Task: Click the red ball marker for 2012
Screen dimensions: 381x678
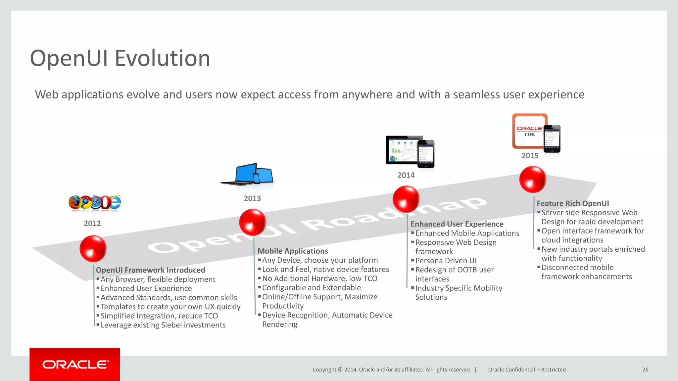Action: [93, 248]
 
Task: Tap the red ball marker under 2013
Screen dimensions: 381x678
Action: [253, 222]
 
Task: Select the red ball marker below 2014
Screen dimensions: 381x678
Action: [406, 199]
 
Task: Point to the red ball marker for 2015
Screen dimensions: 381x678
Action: [532, 179]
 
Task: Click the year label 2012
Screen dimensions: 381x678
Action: [92, 223]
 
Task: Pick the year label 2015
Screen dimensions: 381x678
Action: [530, 155]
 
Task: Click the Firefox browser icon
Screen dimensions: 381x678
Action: [75, 202]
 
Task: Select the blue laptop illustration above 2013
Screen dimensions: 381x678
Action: [247, 174]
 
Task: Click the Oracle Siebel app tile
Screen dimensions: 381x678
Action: [529, 131]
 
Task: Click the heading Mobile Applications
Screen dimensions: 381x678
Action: [293, 251]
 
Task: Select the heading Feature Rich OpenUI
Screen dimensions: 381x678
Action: [573, 203]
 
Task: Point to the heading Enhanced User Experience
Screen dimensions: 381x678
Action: [457, 224]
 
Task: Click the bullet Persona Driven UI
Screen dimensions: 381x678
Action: [446, 261]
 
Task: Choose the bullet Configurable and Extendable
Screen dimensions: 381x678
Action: [311, 288]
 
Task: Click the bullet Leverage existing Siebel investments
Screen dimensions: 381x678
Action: [163, 325]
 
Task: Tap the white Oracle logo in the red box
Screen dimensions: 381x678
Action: [75, 364]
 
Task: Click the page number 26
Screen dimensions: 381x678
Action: [645, 369]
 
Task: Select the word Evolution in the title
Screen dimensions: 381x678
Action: [162, 58]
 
